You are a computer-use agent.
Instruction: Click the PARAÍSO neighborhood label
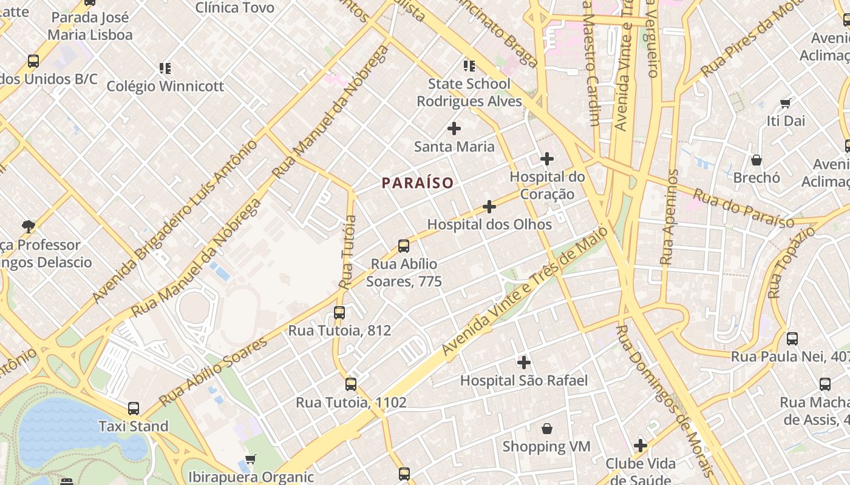[x=418, y=182]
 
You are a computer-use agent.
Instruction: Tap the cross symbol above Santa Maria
[x=454, y=129]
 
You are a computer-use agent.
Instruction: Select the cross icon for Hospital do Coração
[x=547, y=159]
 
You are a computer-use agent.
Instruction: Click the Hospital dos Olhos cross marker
[x=489, y=207]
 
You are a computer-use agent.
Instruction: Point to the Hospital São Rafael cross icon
[x=524, y=363]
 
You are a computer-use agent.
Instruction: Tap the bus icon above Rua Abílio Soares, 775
[x=404, y=246]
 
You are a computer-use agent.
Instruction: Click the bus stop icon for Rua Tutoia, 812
[x=339, y=313]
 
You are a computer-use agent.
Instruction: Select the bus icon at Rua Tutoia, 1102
[x=351, y=384]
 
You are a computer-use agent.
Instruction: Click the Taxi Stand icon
[x=134, y=409]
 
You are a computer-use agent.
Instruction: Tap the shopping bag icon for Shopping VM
[x=547, y=429]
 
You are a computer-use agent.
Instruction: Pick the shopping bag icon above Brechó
[x=756, y=160]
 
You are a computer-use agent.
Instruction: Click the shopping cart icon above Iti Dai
[x=786, y=103]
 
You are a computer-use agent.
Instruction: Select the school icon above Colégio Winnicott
[x=165, y=68]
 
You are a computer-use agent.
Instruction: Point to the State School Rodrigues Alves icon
[x=469, y=65]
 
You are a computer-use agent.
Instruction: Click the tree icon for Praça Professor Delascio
[x=28, y=227]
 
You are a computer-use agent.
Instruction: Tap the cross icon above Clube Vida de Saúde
[x=641, y=446]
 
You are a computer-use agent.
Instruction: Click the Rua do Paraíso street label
[x=743, y=209]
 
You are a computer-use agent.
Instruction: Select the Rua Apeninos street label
[x=669, y=217]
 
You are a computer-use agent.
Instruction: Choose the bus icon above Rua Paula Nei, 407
[x=792, y=339]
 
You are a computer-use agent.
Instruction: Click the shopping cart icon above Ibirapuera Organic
[x=250, y=459]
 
